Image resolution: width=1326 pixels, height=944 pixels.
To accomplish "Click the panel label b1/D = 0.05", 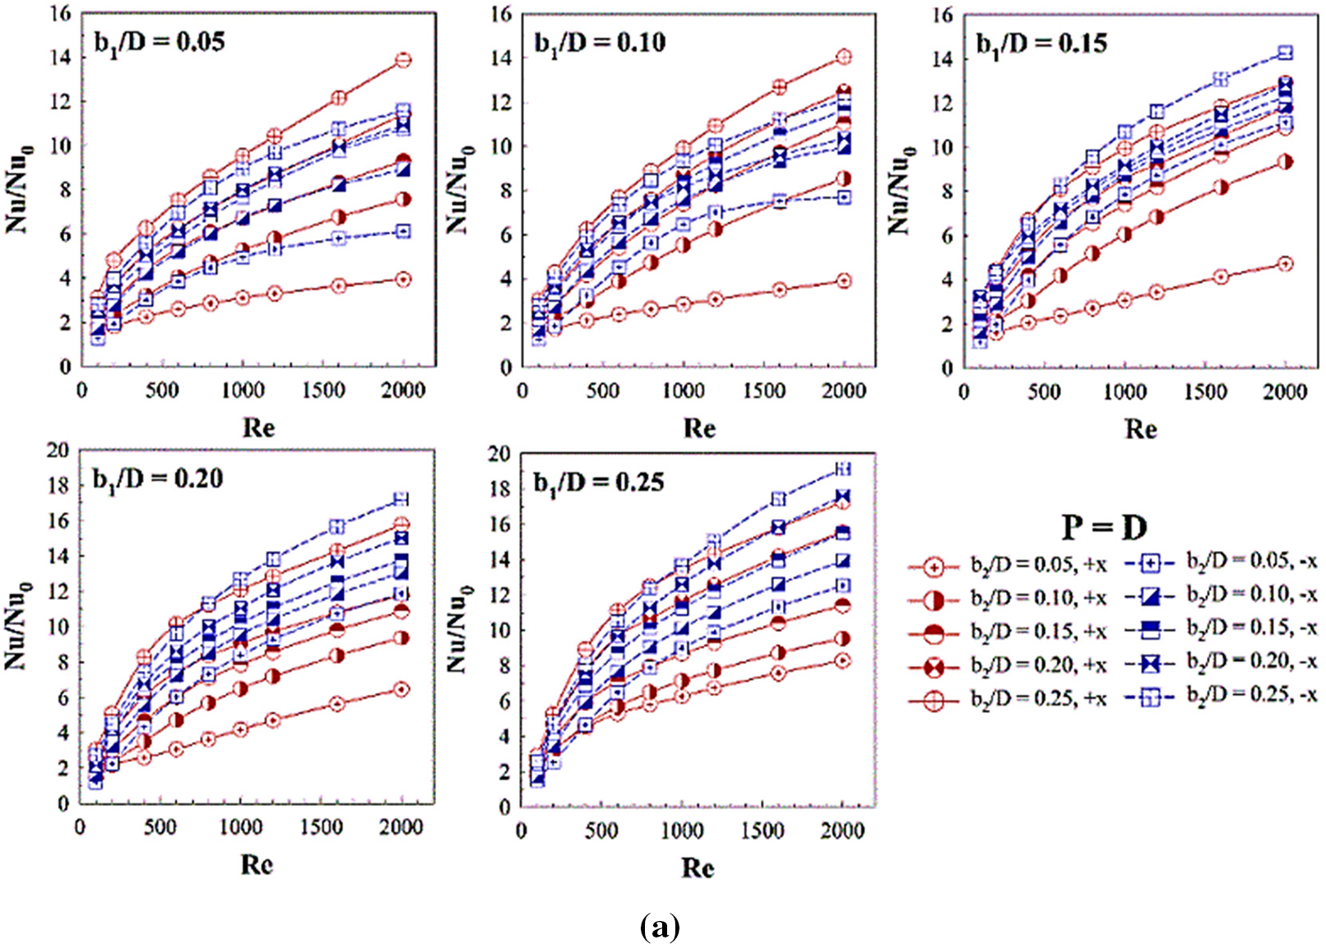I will [160, 43].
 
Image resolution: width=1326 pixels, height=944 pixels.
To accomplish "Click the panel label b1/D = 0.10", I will [600, 43].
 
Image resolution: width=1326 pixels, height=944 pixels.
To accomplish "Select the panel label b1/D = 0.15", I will [1041, 43].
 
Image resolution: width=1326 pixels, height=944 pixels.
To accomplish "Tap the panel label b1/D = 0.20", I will [157, 479].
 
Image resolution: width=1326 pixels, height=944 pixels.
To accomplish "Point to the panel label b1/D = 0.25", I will [598, 482].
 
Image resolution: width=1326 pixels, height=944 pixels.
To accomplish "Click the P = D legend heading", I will [1104, 527].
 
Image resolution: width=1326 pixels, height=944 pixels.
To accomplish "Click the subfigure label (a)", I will [660, 926].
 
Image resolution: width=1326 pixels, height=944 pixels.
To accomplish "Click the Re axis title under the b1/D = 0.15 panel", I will [1141, 428].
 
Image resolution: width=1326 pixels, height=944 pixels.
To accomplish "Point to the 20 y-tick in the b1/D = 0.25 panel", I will [499, 454].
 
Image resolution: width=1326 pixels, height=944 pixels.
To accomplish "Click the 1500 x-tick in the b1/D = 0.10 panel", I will [764, 391].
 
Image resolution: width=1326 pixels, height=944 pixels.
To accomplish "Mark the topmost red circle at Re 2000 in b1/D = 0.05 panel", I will [403, 60].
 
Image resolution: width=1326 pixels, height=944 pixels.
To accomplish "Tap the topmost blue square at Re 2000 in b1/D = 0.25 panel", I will [842, 469].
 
